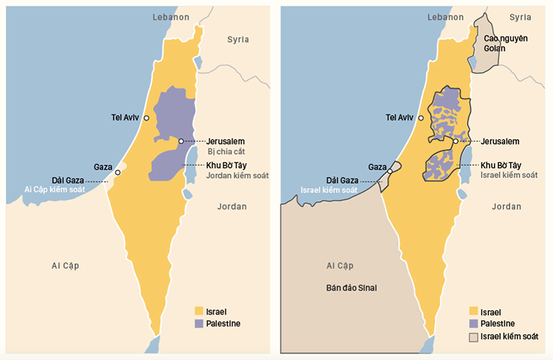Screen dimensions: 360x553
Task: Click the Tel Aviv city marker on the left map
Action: coord(147,117)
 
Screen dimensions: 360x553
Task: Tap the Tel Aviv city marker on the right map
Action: coord(421,117)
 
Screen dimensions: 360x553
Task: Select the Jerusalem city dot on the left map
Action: coord(181,141)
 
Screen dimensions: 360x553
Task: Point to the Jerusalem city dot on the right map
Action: coord(456,141)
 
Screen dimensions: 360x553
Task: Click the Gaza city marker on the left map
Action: coord(117,173)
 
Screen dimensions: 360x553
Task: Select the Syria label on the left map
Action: coord(237,39)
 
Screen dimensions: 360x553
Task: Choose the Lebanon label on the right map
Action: coord(446,15)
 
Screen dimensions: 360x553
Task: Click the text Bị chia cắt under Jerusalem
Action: coord(226,151)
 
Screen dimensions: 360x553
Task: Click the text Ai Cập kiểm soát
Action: coord(55,190)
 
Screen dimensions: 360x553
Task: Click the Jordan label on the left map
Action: coord(232,207)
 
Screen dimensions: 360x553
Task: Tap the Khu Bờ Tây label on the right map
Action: coord(501,165)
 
